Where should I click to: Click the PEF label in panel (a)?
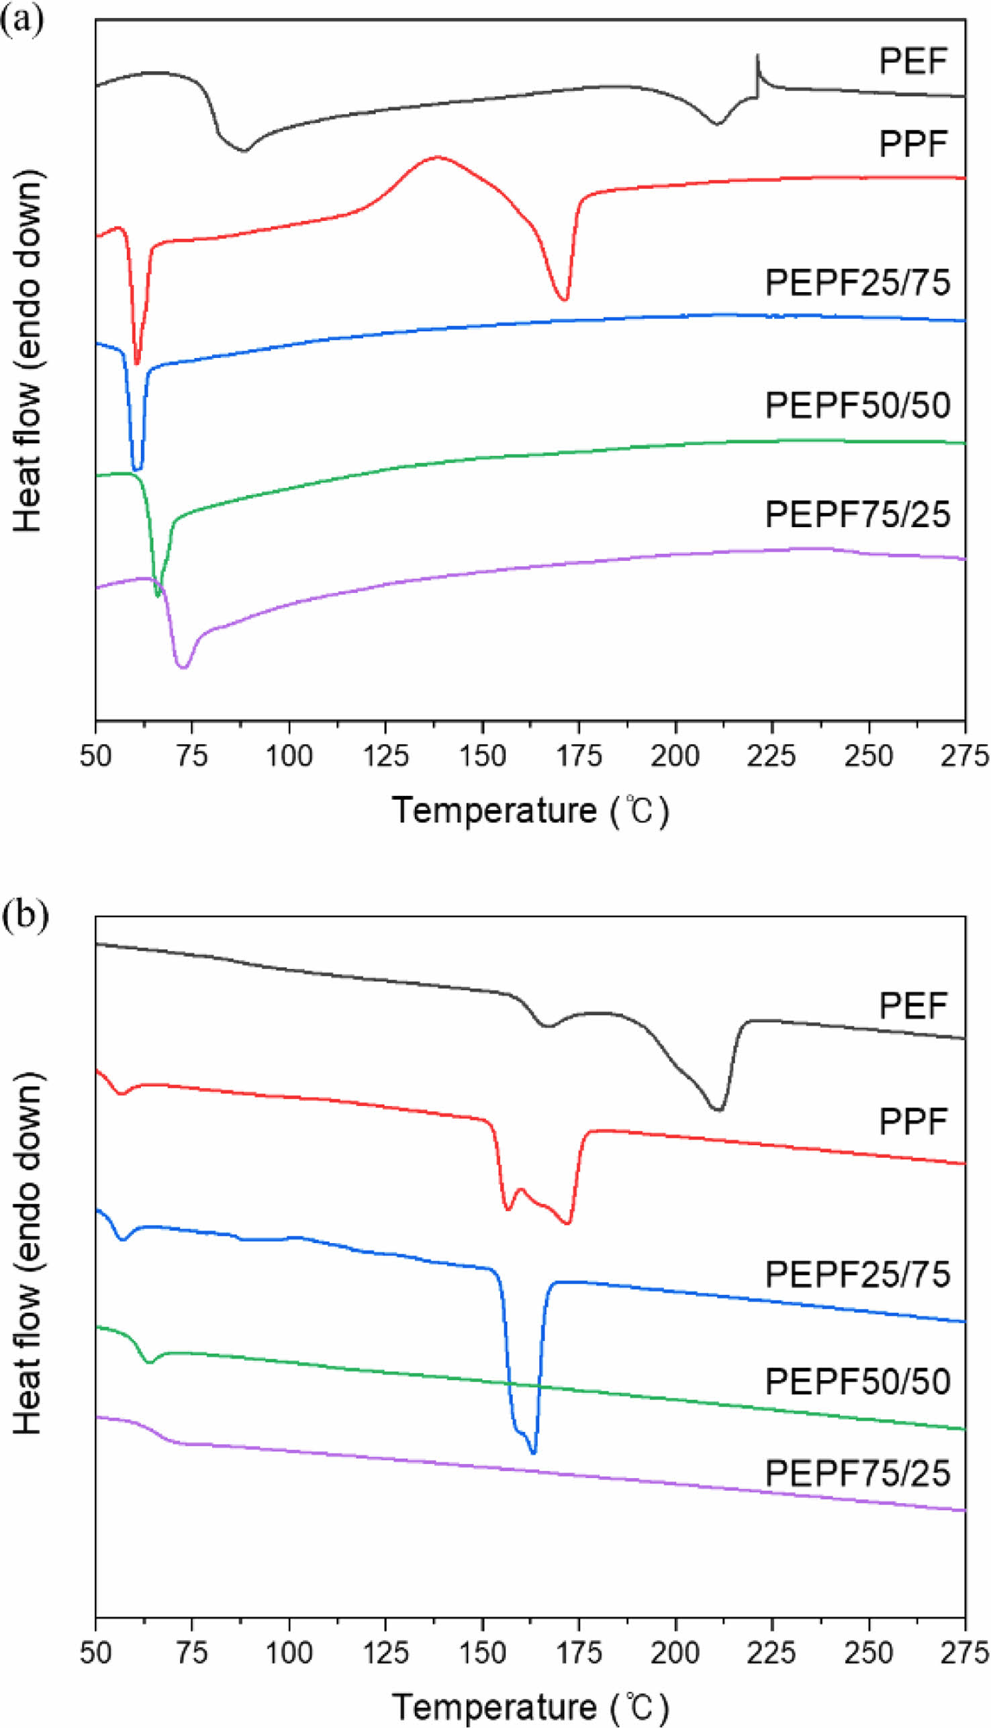912,61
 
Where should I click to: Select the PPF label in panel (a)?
912,144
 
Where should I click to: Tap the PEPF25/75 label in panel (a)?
857,283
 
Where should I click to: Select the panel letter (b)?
24,915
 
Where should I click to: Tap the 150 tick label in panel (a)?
483,756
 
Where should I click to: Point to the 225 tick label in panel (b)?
772,1653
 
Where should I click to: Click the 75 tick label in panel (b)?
192,1653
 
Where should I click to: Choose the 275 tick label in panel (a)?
965,756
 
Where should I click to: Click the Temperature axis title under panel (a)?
530,811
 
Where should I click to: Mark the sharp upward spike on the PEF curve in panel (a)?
757,56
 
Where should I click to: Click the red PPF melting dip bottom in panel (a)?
563,300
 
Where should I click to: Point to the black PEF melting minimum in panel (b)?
718,1110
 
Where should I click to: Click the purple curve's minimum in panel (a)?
183,668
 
